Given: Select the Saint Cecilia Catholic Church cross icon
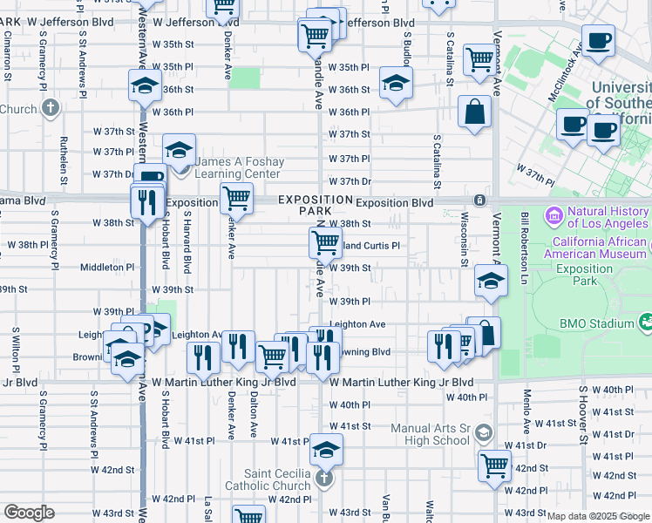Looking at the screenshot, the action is (x=324, y=479).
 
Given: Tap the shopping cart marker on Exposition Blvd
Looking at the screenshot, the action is (x=236, y=197).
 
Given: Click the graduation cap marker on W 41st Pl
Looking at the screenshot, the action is (x=327, y=450).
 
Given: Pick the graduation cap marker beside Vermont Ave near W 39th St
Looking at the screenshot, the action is (x=491, y=281).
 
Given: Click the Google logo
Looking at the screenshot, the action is (x=28, y=513).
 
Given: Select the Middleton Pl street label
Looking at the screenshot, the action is (x=107, y=268).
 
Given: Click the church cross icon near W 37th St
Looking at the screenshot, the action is (x=51, y=108).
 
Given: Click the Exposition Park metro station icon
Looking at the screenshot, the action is (x=479, y=201).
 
